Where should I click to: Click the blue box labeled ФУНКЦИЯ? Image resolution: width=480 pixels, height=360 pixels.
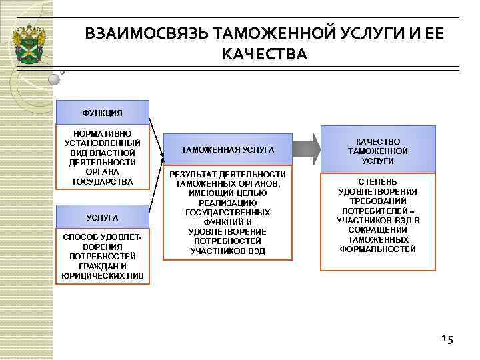point(102,112)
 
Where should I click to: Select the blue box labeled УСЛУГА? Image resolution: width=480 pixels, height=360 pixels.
point(102,217)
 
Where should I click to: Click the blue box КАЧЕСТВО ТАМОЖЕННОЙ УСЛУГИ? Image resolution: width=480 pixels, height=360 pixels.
point(378,151)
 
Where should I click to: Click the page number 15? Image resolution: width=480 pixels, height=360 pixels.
point(447,340)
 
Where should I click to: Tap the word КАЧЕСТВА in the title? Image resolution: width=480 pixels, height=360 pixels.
point(265,54)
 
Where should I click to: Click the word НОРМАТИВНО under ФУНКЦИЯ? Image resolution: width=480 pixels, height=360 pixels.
point(102,133)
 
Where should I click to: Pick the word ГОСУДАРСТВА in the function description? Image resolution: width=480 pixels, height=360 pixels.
point(102,181)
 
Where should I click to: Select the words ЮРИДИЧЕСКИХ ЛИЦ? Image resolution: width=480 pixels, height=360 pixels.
point(102,275)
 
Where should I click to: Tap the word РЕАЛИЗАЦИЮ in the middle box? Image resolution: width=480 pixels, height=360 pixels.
point(227,203)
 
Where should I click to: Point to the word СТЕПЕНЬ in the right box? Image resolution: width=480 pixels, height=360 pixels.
point(378,181)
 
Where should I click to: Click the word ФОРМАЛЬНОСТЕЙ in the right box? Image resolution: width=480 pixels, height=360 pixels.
point(378,249)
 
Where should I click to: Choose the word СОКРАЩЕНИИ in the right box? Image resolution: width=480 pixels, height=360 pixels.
point(378,229)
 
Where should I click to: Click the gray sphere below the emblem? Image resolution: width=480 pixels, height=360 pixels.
point(54,79)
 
